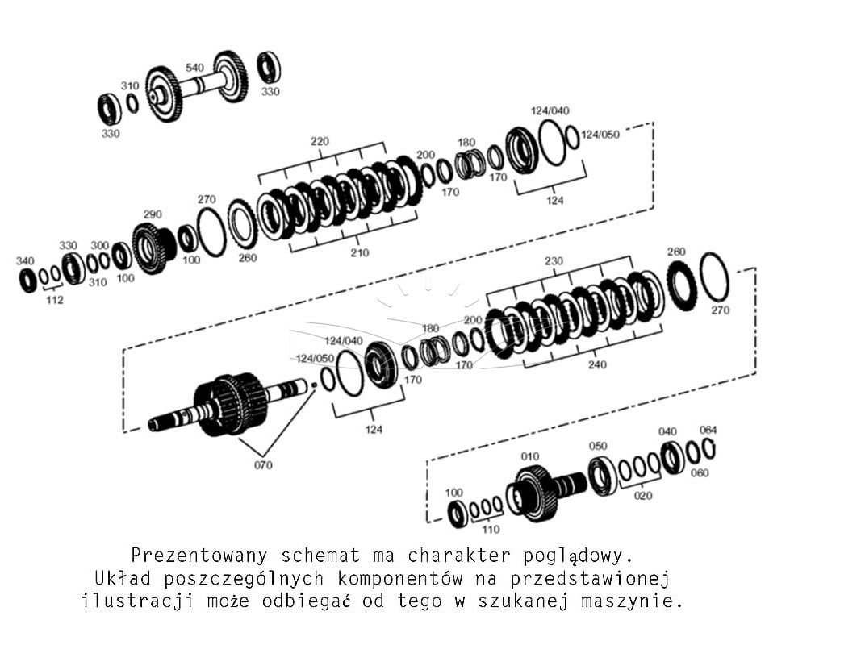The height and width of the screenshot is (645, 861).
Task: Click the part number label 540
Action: point(194,68)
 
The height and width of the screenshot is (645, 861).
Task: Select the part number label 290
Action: point(153,214)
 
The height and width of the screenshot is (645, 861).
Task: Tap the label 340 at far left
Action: point(25,261)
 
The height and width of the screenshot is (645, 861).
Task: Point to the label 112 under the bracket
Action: point(54,300)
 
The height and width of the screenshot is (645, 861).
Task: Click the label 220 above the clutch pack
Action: point(320,142)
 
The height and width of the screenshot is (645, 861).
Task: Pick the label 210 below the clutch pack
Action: point(360,253)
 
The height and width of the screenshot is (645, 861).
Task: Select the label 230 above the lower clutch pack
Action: point(554,261)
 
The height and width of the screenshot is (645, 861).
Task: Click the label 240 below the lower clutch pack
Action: point(597,364)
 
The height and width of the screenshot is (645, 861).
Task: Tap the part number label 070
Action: point(263,465)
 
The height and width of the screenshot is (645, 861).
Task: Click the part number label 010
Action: point(530,456)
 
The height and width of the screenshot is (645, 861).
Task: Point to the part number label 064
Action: point(708,430)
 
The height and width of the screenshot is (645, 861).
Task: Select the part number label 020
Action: point(643,496)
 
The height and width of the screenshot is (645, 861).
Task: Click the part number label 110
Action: point(491,529)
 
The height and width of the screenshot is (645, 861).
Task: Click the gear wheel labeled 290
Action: point(153,248)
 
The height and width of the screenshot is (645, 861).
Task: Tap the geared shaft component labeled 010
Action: point(544,493)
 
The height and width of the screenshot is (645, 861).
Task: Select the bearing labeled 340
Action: point(28,281)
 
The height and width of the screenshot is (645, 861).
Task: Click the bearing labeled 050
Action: point(603,475)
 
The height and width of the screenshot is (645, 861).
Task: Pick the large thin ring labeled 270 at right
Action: point(714,277)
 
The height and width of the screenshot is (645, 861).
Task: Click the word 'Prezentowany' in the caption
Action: point(199,556)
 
